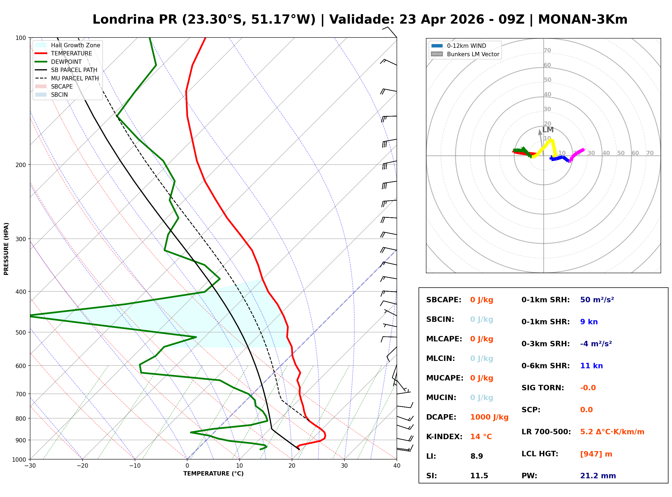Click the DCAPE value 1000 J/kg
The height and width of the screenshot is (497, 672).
point(489,417)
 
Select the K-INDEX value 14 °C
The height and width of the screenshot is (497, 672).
point(481,437)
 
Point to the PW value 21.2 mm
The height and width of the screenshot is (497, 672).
point(598,476)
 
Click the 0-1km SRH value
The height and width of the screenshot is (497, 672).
point(597,300)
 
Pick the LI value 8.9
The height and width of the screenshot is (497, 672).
point(476,456)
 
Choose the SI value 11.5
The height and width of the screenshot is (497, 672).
point(479,476)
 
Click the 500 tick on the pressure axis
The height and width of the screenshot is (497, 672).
point(21,332)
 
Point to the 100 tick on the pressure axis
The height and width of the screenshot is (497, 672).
point(21,38)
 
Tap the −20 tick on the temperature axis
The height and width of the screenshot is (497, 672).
point(82,466)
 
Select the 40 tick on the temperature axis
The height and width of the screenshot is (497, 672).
point(397,466)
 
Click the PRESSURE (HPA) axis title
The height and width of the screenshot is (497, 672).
point(6,249)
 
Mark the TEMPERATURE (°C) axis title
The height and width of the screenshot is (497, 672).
point(213,474)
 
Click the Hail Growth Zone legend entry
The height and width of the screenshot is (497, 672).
point(75,45)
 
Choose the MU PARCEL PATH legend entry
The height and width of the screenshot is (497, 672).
point(75,78)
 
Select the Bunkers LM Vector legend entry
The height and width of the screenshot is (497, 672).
point(473,54)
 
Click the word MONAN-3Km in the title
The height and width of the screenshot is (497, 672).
point(582,20)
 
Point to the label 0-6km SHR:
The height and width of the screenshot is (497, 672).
point(545,366)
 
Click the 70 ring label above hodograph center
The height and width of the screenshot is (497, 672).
point(547,50)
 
